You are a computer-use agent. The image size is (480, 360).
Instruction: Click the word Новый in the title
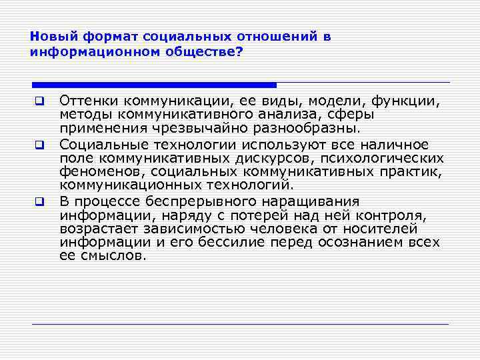point(49,37)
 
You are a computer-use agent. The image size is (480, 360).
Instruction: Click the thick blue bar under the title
point(154,85)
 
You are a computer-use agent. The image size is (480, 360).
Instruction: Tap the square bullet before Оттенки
point(39,102)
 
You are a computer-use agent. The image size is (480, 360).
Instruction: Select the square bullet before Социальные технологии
point(39,145)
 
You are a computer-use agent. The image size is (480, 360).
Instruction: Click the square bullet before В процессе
point(39,201)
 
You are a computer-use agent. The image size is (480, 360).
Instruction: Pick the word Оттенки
point(86,101)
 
